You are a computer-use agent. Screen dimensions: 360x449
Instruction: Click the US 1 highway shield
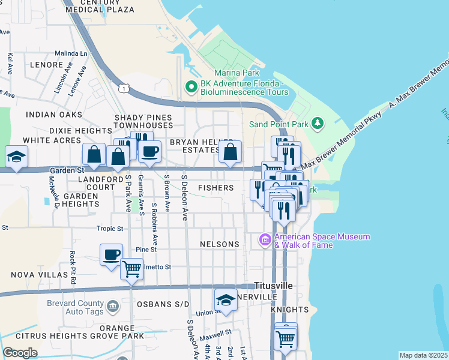pyautogui.click(x=123, y=88)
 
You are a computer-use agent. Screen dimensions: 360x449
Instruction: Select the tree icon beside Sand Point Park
pyautogui.click(x=318, y=124)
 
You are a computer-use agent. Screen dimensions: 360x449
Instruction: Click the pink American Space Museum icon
pyautogui.click(x=265, y=240)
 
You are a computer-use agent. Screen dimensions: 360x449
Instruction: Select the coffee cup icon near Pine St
pyautogui.click(x=111, y=254)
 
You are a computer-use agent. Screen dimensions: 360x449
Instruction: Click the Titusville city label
pyautogui.click(x=273, y=286)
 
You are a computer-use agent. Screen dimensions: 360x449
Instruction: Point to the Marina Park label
pyautogui.click(x=236, y=73)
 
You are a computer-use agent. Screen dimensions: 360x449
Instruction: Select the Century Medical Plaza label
pyautogui.click(x=100, y=7)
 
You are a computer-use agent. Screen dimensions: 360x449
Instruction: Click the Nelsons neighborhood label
pyautogui.click(x=220, y=244)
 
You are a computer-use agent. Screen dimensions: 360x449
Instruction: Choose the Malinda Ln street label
pyautogui.click(x=71, y=53)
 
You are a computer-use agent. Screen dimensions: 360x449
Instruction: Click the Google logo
pyautogui.click(x=20, y=353)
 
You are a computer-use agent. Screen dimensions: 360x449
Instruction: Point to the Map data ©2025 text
pyautogui.click(x=423, y=355)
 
